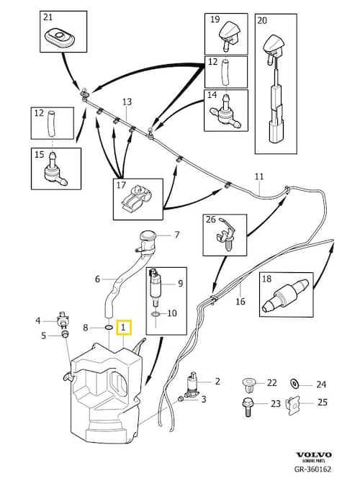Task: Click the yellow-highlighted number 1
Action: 123,328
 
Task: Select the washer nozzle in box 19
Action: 229,35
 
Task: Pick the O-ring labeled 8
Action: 108,328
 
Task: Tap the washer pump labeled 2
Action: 192,385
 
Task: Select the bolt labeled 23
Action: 248,407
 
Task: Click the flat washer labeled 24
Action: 294,383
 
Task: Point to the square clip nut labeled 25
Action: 292,405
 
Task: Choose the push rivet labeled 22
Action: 248,385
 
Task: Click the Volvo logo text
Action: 314,454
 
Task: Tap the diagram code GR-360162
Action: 312,469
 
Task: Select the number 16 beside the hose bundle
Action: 240,301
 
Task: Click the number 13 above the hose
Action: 127,102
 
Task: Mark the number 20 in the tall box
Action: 262,21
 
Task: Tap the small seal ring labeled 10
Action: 156,315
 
